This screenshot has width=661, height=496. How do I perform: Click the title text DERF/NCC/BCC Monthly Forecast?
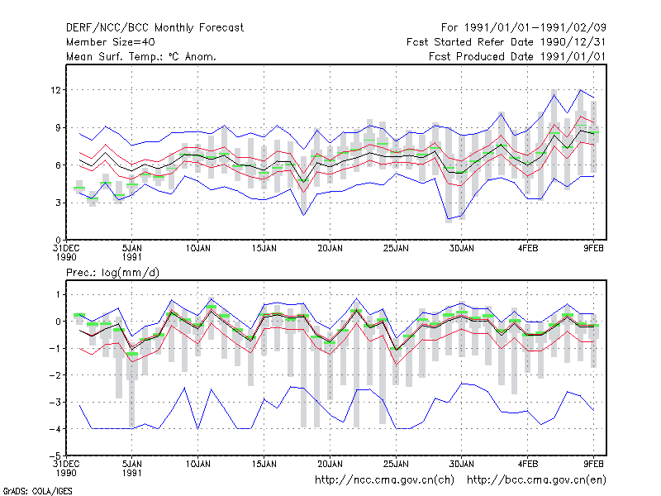[x=155, y=28]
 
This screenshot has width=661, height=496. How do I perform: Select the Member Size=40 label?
[x=111, y=42]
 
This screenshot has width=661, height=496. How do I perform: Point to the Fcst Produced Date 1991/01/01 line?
[x=517, y=56]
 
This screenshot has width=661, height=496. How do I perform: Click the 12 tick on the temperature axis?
[x=55, y=90]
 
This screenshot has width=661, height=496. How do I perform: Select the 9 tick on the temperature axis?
[x=58, y=127]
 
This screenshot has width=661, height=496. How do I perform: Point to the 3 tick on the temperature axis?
[x=58, y=203]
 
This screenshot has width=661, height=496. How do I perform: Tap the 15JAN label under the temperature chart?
[x=264, y=249]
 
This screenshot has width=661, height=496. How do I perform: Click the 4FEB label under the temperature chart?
[x=528, y=249]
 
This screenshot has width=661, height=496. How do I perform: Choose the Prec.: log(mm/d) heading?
[x=112, y=273]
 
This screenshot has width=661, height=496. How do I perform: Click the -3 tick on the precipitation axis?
[x=55, y=402]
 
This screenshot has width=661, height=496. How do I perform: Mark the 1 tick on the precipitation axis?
[x=59, y=294]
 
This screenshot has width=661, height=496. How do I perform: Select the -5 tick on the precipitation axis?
[x=55, y=456]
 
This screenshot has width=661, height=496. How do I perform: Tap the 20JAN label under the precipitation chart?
[x=330, y=465]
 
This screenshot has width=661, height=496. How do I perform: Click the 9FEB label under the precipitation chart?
[x=593, y=465]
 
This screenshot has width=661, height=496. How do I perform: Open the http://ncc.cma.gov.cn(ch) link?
[x=384, y=480]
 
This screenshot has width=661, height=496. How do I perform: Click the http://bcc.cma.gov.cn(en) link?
[x=536, y=480]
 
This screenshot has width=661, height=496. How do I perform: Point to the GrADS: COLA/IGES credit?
[x=37, y=491]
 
